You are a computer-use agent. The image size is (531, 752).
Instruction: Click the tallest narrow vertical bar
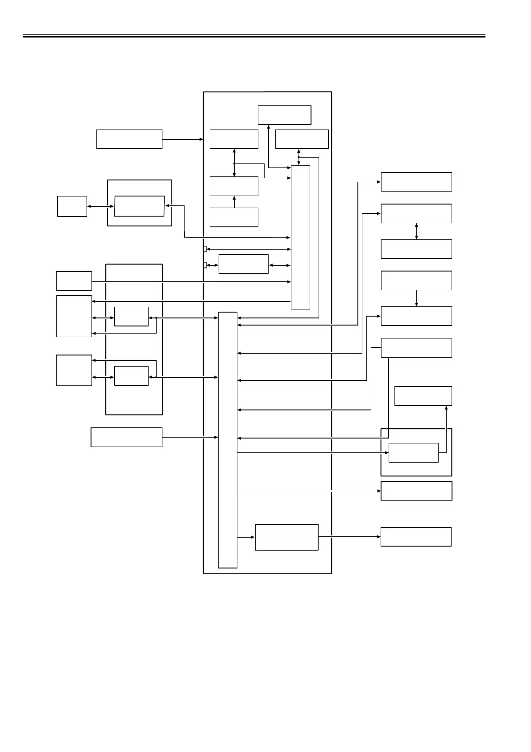coord(228,440)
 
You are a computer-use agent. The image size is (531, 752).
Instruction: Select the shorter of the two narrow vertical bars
coord(300,237)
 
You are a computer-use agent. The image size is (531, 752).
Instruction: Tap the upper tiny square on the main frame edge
coord(205,249)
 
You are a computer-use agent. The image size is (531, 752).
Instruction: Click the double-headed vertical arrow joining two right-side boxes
coord(416,231)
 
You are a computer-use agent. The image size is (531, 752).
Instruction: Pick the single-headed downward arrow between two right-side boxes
coord(416,298)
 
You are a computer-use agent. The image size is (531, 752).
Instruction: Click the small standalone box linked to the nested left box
coord(72,206)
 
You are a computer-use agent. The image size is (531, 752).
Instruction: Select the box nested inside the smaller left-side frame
coord(139,206)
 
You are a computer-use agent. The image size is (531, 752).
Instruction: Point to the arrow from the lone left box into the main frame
coord(183,139)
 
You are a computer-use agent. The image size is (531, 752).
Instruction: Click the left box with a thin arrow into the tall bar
coord(126,437)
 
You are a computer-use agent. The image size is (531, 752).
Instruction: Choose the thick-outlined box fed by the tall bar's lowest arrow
coord(286,537)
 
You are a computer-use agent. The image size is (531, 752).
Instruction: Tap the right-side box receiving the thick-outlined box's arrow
coord(416,537)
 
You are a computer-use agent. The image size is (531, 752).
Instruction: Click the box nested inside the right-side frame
coord(414,453)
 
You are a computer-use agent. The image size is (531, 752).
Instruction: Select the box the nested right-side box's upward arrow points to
coord(423,396)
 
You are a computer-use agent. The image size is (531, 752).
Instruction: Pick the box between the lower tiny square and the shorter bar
coord(243,264)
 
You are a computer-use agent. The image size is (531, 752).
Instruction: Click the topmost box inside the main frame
coord(284,115)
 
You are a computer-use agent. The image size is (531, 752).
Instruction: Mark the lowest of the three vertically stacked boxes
coord(234,217)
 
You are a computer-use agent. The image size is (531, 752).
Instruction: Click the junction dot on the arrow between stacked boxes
coord(234,163)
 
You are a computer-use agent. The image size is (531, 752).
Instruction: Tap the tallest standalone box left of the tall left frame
coord(74,316)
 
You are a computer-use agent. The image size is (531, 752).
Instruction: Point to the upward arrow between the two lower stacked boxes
coord(234,202)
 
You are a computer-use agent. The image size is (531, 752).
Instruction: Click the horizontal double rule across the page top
coord(254,36)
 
